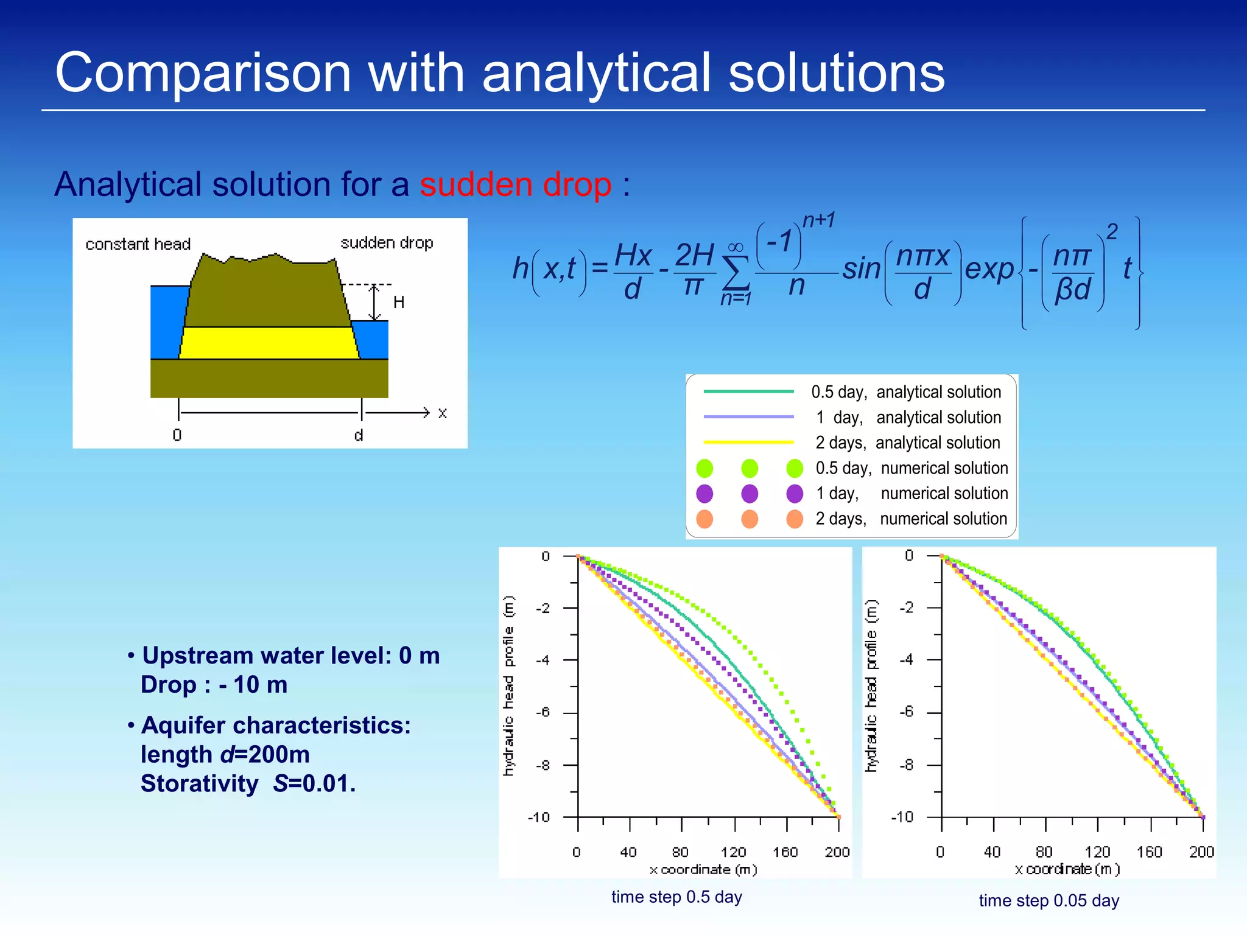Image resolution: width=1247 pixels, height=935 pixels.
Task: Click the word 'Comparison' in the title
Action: (x=203, y=73)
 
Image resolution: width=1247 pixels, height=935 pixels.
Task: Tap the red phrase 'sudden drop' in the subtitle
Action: (x=515, y=184)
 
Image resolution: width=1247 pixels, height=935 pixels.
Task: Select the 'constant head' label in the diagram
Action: (x=138, y=244)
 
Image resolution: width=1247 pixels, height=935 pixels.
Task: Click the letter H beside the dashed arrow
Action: (x=399, y=303)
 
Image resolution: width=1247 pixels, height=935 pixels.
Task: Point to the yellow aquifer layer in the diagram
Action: (x=268, y=343)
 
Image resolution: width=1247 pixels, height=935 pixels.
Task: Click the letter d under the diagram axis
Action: (x=359, y=435)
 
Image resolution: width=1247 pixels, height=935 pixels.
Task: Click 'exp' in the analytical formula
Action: (x=989, y=269)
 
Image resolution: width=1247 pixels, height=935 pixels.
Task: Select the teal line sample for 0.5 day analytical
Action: (x=748, y=391)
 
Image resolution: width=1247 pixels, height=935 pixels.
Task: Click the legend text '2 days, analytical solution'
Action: (x=907, y=443)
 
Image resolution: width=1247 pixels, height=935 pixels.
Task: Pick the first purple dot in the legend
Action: (x=704, y=493)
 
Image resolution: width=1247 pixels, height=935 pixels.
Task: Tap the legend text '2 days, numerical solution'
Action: (x=912, y=519)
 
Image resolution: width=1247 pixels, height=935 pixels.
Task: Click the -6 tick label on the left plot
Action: (x=543, y=712)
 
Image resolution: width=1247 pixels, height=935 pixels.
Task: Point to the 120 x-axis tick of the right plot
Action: (x=1097, y=852)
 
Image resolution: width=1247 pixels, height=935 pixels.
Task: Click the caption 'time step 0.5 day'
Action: (x=676, y=897)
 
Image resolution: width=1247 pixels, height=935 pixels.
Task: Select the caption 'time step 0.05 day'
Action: (x=1049, y=900)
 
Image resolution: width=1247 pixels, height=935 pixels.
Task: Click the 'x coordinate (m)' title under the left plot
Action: (x=703, y=869)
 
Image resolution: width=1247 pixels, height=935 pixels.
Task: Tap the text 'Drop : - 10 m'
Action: (x=214, y=685)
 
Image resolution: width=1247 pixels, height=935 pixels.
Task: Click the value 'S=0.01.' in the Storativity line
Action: (x=314, y=783)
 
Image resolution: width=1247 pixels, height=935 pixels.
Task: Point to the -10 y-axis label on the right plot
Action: (x=902, y=816)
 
